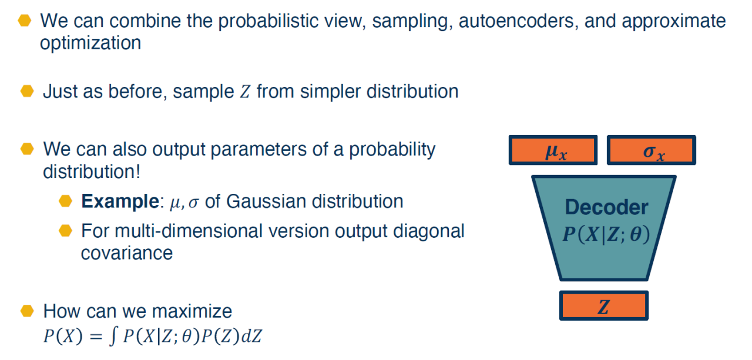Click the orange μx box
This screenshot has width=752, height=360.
[x=553, y=150]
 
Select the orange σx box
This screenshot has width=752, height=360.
[x=652, y=150]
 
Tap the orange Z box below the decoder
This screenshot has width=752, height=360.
[x=603, y=305]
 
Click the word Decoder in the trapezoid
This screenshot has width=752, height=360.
[x=607, y=207]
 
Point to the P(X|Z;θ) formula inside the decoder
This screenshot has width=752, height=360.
[x=606, y=234]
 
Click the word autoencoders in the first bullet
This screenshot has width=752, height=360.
[x=518, y=21]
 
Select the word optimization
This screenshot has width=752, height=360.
[x=90, y=43]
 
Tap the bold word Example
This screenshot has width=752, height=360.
[x=120, y=201]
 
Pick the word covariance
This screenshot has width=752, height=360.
[x=126, y=253]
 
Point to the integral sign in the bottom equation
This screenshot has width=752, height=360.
[x=113, y=336]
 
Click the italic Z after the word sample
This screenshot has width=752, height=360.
[x=245, y=92]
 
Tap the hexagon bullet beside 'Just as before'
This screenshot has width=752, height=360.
[x=27, y=91]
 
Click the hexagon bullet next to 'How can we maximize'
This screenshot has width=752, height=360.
[x=27, y=311]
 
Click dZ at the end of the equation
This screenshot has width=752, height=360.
[x=251, y=336]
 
